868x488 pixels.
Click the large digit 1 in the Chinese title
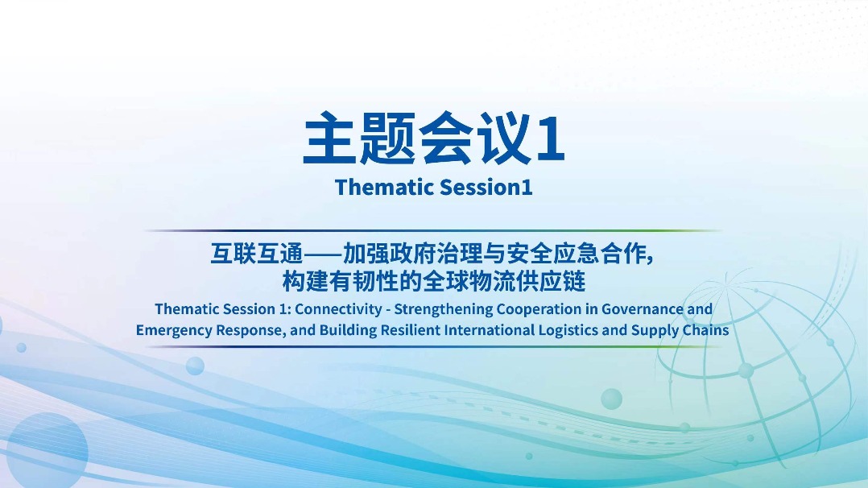tap(551, 138)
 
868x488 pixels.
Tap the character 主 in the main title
tap(330, 138)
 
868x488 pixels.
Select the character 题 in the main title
tap(387, 138)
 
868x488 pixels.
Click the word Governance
tap(643, 308)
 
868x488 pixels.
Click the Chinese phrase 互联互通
tap(257, 254)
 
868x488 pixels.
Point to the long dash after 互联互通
tap(323, 254)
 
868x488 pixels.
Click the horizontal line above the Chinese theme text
tap(433, 230)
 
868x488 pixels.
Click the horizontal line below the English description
tap(433, 347)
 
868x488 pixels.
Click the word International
tap(489, 329)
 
